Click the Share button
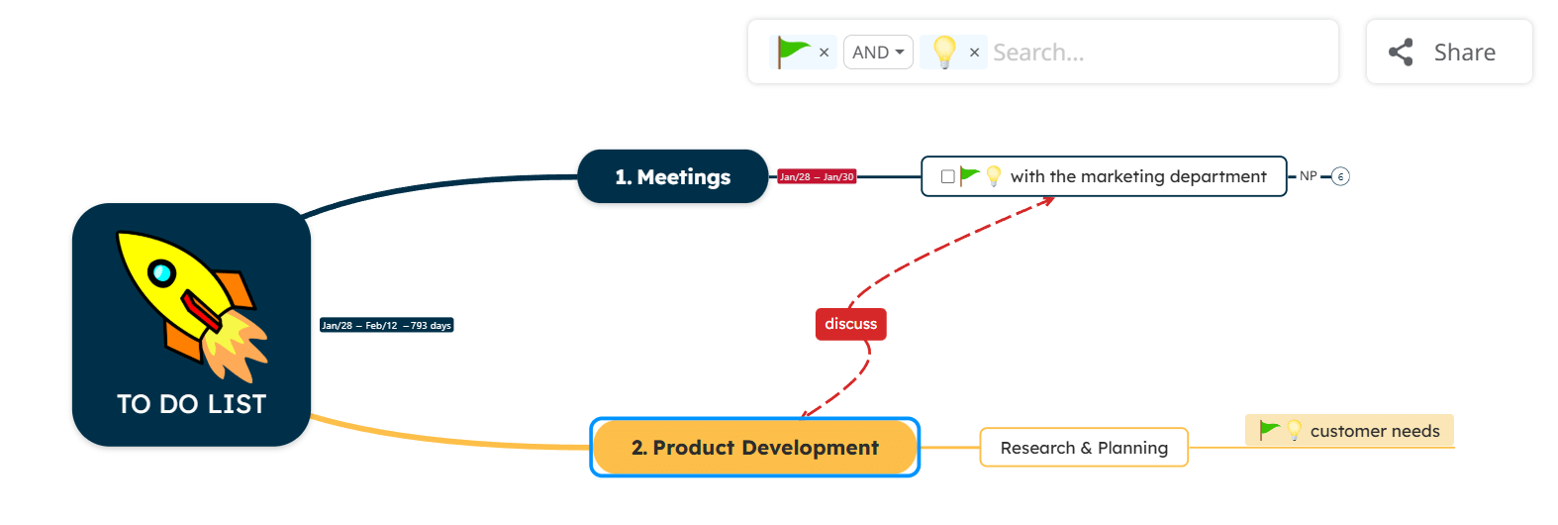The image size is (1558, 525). [1448, 52]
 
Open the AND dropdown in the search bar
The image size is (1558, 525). [877, 52]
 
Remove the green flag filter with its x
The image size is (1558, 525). [824, 52]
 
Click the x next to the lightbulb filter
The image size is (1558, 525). [974, 52]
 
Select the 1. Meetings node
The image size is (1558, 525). [672, 176]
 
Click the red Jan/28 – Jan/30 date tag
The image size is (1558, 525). [817, 177]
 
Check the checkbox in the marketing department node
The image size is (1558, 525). [947, 176]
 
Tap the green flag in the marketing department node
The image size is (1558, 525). [969, 175]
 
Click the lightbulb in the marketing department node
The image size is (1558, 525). [994, 176]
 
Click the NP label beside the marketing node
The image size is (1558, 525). [1308, 176]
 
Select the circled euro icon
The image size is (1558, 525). [1340, 177]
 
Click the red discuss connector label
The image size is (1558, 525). [850, 324]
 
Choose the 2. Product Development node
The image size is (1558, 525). [754, 448]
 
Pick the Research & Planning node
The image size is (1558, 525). [1083, 448]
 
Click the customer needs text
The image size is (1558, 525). [1374, 431]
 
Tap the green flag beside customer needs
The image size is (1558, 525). [1268, 430]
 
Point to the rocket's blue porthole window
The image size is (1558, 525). [161, 272]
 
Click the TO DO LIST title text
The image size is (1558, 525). [191, 404]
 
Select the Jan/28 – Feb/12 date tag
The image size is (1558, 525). [386, 325]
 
